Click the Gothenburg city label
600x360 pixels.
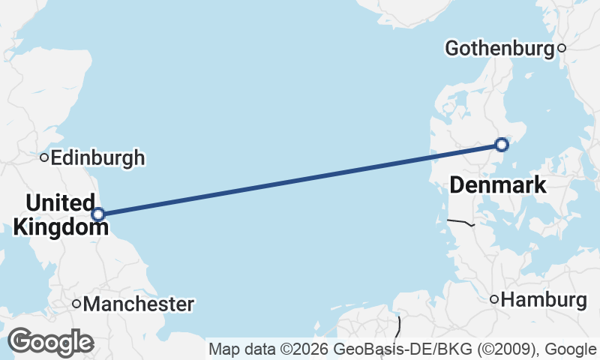coord(499,49)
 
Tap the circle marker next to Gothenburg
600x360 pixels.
coord(562,49)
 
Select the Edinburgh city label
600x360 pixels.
coord(98,158)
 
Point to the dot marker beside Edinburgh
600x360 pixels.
coord(45,157)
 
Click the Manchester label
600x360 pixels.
coord(139,304)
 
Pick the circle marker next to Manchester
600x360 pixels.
coord(76,304)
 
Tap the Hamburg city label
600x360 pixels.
coord(544,300)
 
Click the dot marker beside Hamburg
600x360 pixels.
coord(494,300)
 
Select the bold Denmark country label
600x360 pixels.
coord(498,185)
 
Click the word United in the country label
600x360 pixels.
coord(60,202)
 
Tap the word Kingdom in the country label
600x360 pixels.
coord(56,225)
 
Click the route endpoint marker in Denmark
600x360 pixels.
coord(502,144)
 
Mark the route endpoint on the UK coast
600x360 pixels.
coord(98,214)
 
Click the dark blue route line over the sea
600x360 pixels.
coord(300,178)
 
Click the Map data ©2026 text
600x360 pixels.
coord(269,349)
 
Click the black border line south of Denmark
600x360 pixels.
coord(460,222)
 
